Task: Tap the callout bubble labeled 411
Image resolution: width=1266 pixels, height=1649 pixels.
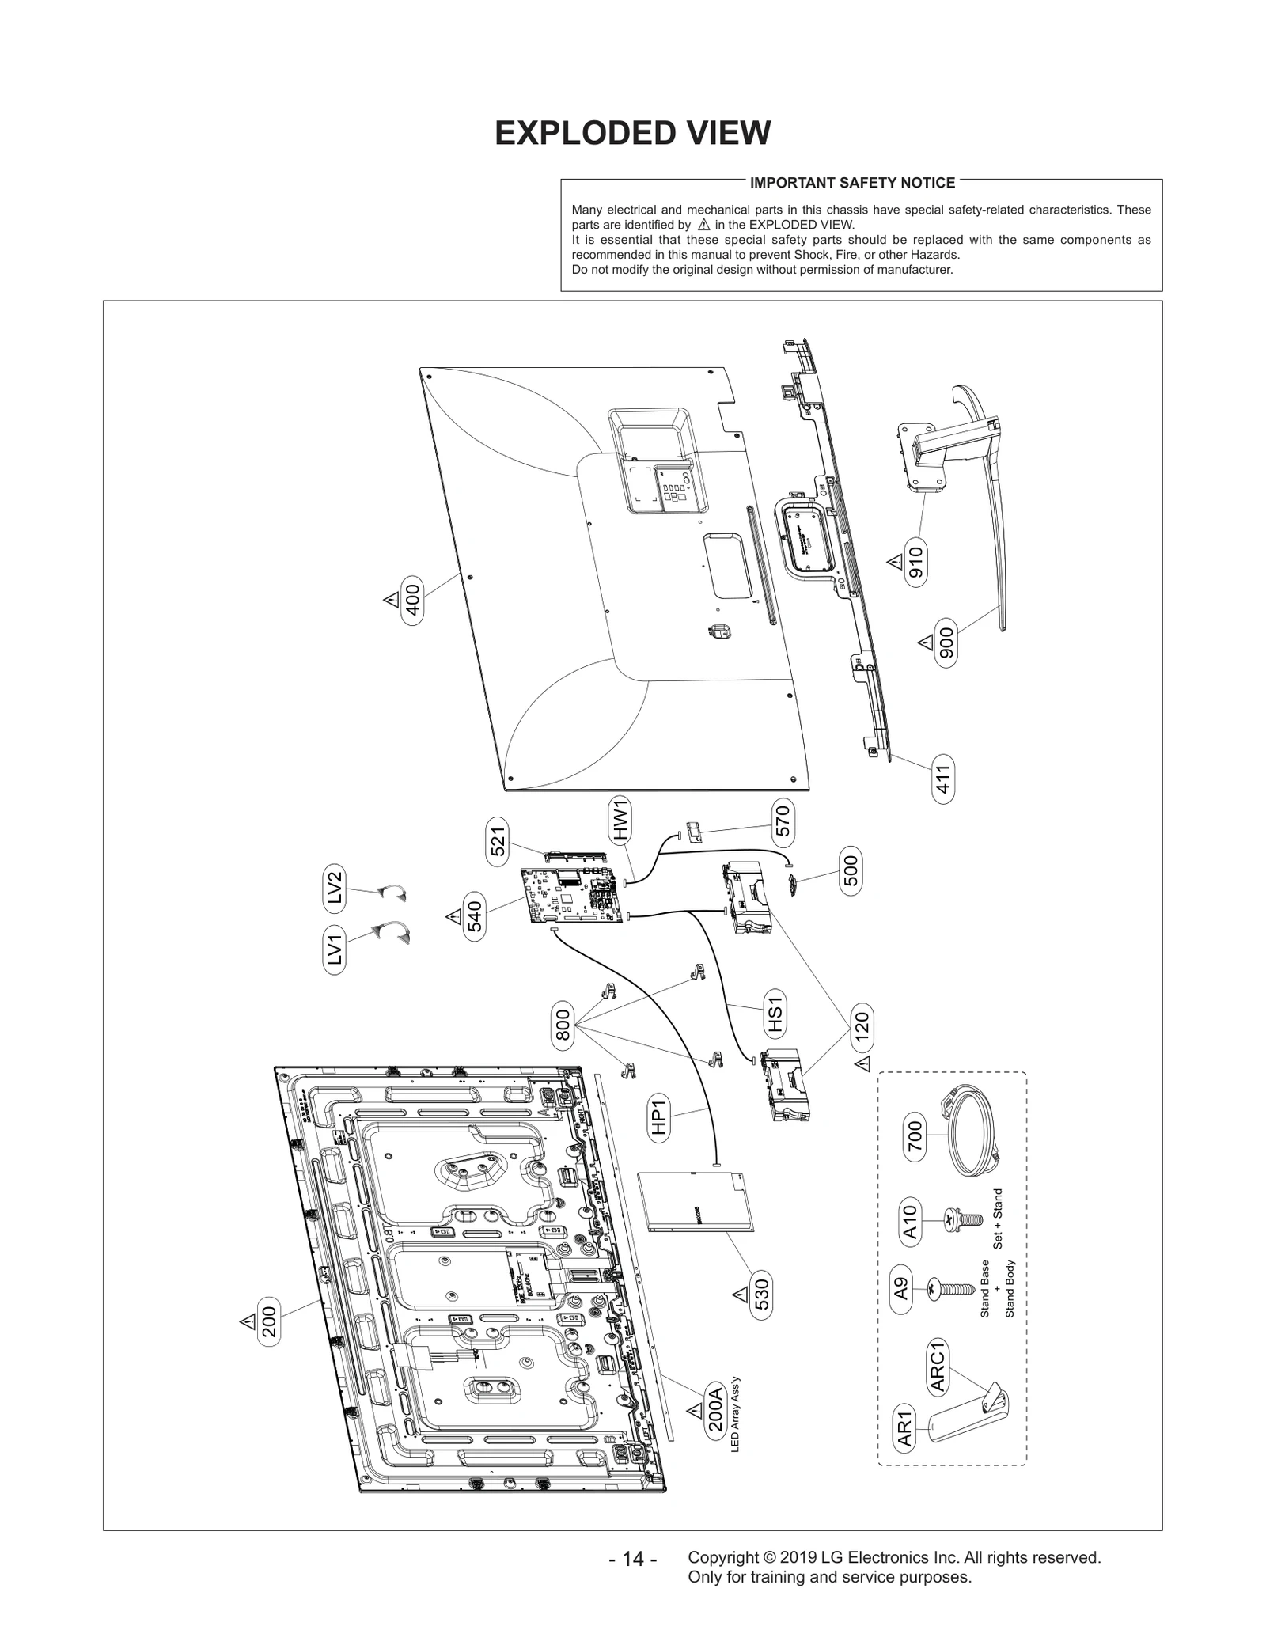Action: [942, 779]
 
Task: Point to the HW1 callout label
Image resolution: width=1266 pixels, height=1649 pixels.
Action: [620, 820]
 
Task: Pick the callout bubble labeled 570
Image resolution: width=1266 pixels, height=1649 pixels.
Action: [782, 821]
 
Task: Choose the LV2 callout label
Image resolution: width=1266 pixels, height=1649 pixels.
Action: [335, 887]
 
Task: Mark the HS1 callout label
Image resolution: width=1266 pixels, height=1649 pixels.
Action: [775, 1015]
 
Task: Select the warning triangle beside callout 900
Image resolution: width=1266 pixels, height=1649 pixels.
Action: [924, 642]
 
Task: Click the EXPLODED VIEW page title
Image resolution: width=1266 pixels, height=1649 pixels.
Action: [632, 134]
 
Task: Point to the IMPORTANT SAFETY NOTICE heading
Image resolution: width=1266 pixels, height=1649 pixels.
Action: [852, 183]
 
